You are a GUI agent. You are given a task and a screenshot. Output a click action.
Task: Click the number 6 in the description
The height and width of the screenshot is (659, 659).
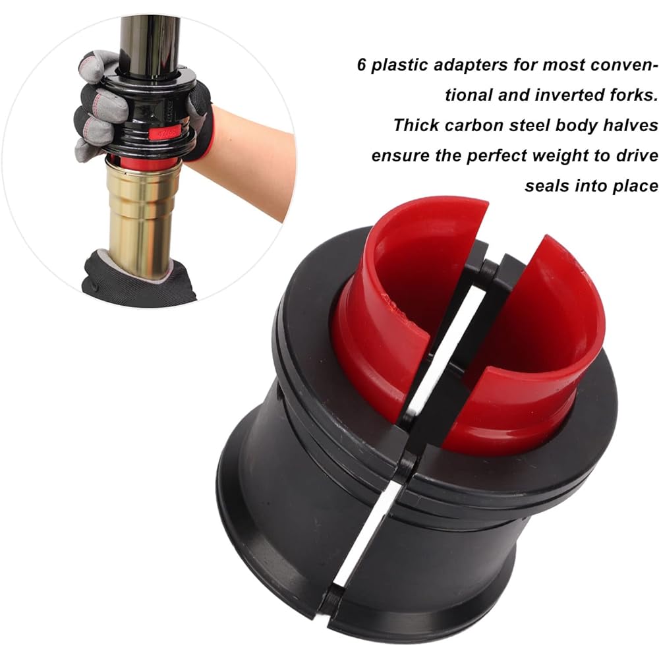click(362, 66)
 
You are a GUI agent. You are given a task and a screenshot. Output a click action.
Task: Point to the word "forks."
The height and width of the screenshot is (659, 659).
click(627, 96)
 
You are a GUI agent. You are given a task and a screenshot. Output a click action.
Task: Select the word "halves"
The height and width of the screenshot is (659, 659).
click(629, 125)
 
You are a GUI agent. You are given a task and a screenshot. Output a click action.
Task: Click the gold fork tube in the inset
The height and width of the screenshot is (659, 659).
click(142, 211)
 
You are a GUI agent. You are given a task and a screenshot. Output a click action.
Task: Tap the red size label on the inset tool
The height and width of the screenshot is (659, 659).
click(162, 134)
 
